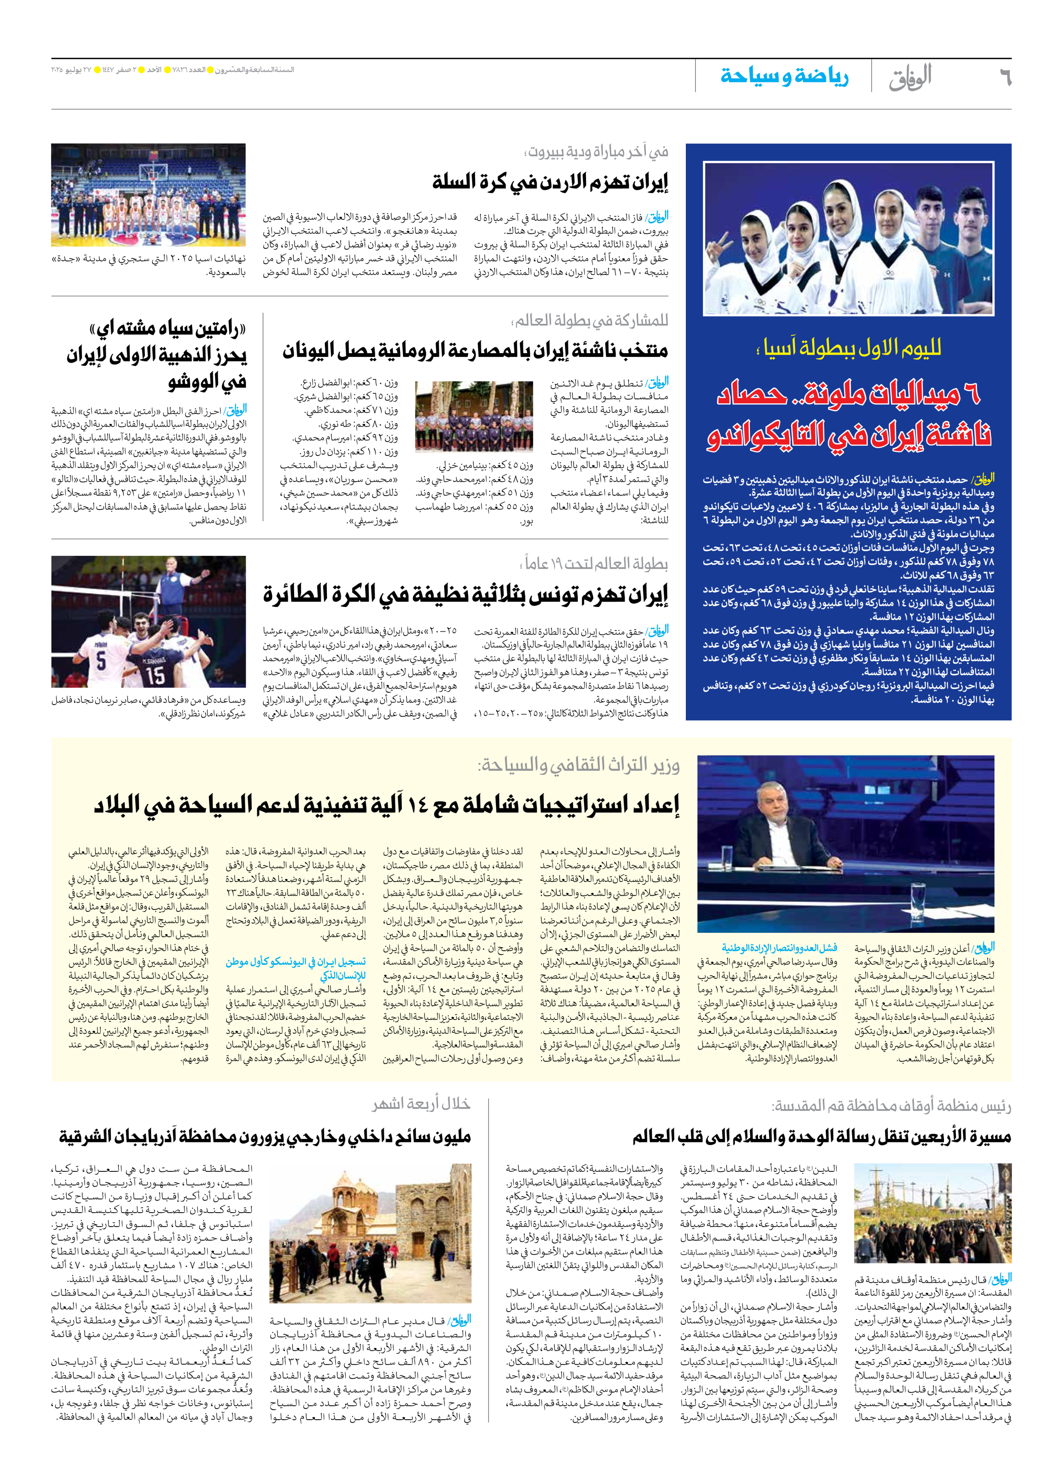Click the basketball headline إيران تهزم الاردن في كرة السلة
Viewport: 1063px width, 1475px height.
click(550, 182)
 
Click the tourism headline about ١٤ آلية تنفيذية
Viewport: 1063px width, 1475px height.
click(386, 805)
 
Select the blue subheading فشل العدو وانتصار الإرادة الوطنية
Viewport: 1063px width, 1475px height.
click(779, 948)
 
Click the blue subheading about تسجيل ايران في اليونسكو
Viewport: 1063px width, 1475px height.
click(296, 968)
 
